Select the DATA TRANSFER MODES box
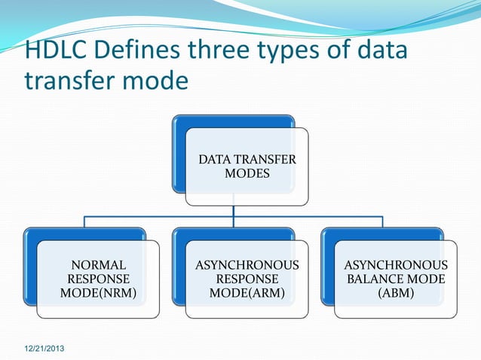[247, 166]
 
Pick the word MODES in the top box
[247, 174]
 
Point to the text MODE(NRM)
[98, 293]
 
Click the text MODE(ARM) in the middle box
[247, 293]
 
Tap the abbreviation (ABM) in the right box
[396, 293]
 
